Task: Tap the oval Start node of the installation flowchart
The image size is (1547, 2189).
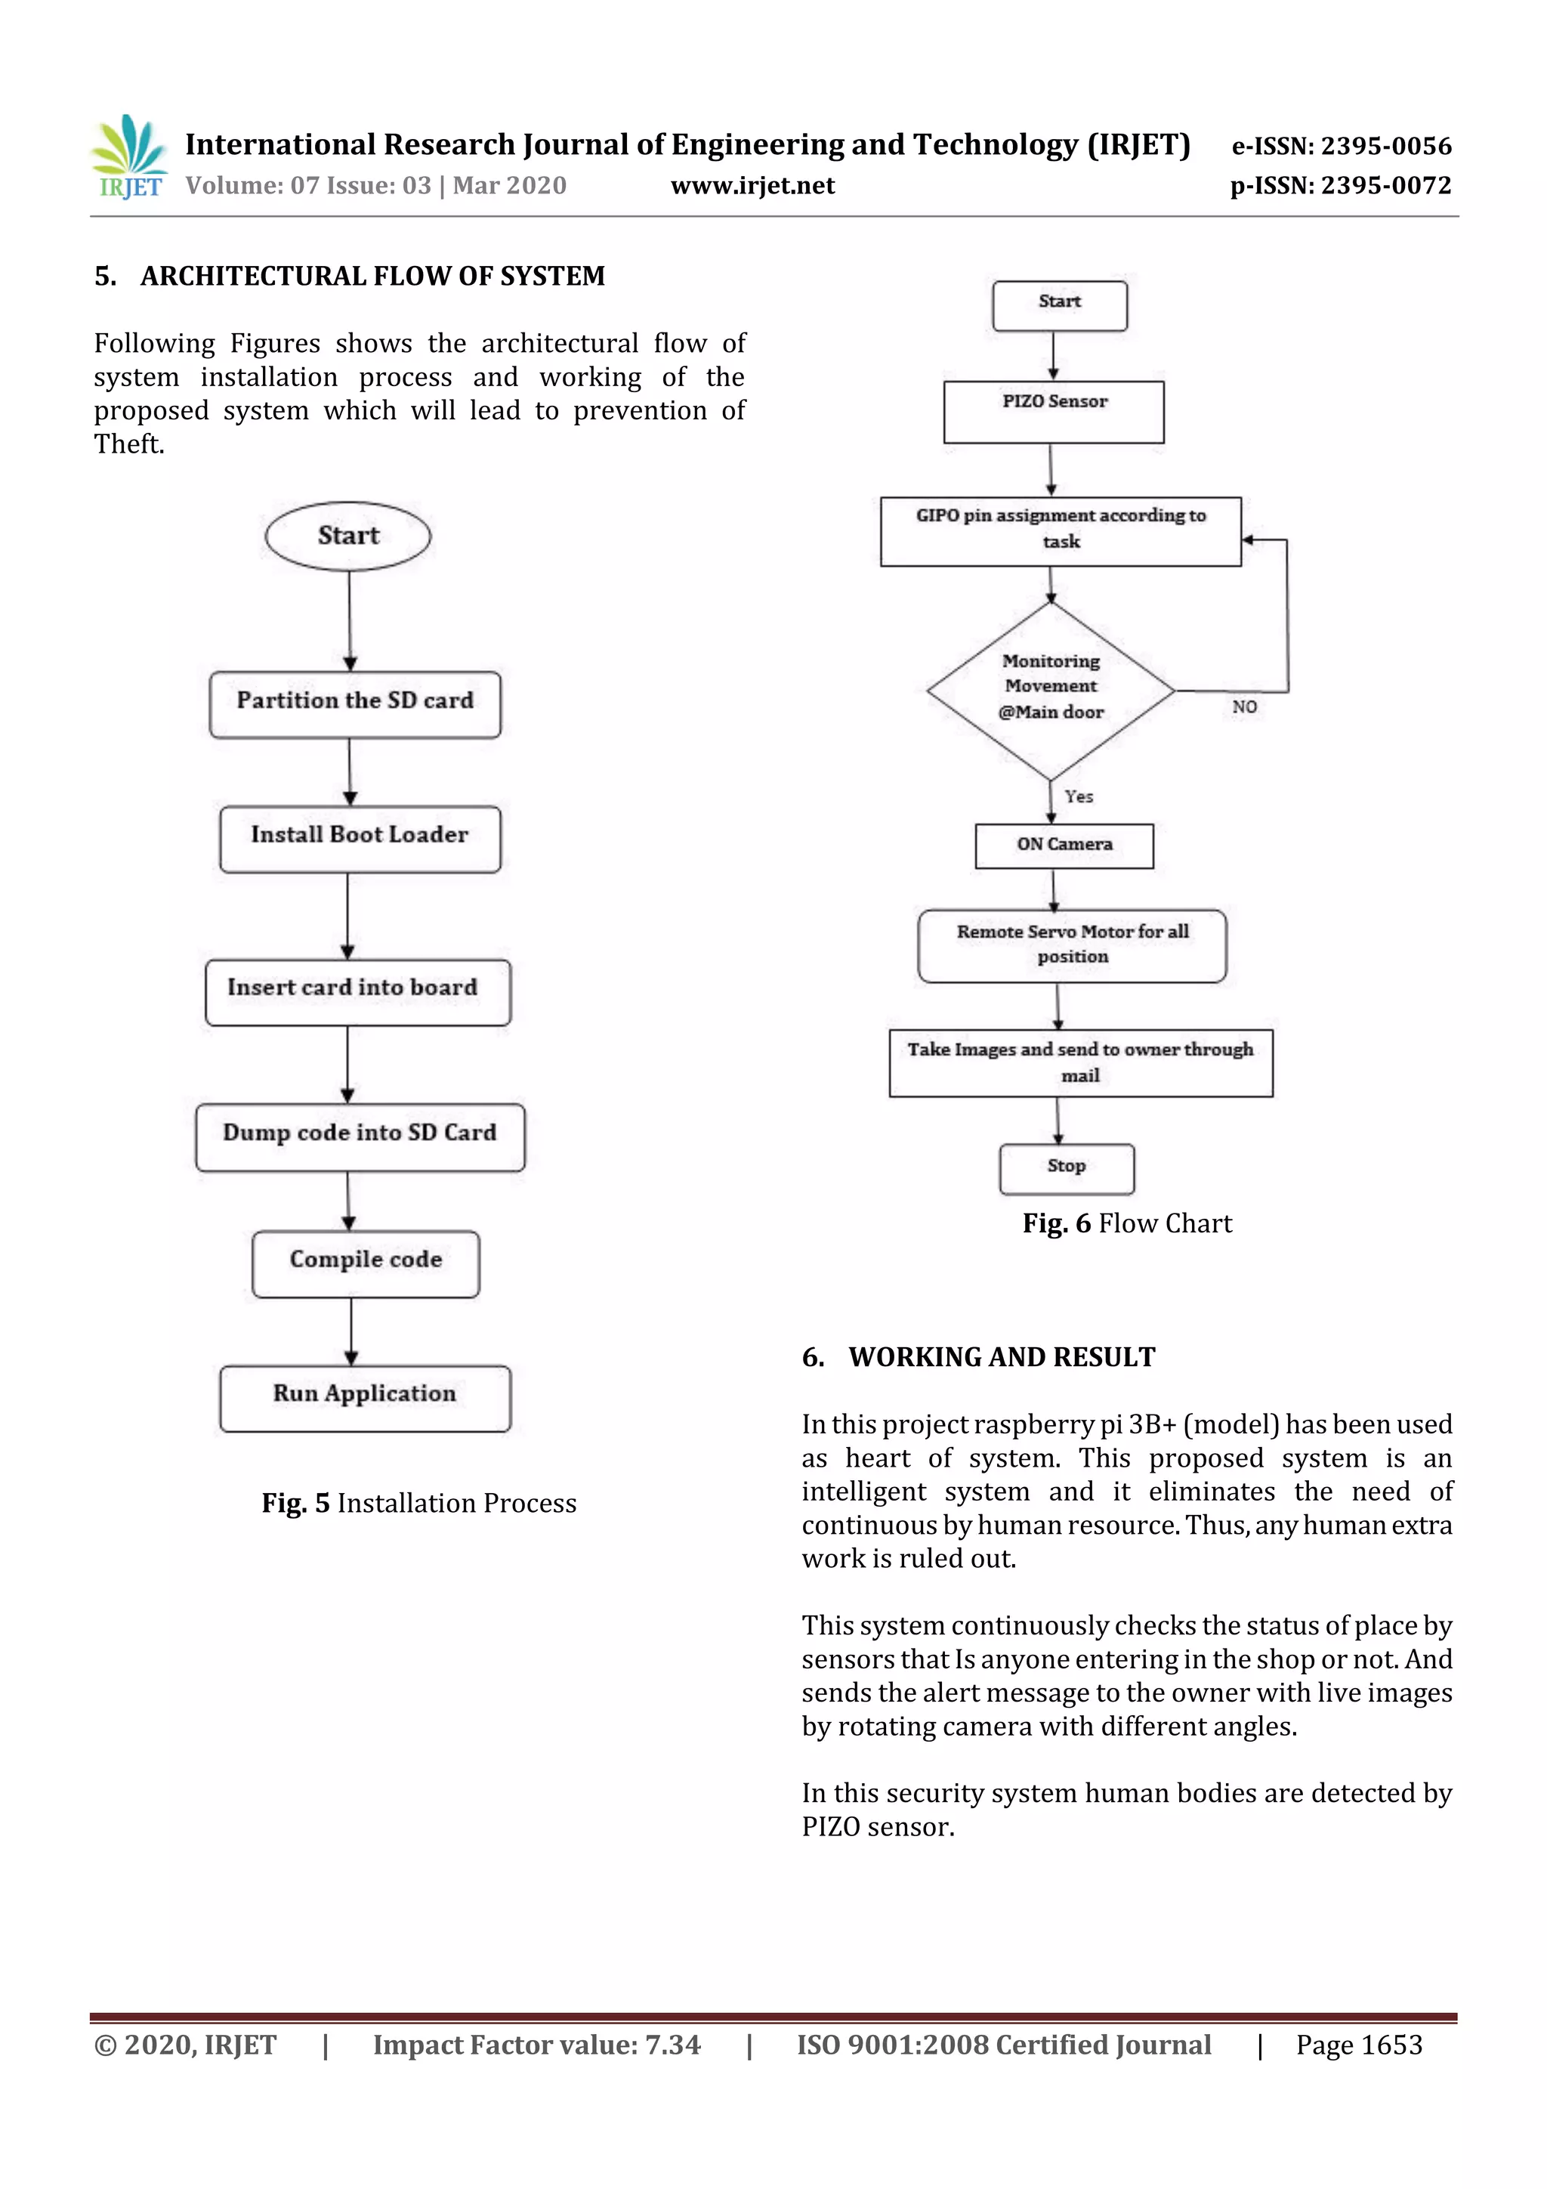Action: coord(348,536)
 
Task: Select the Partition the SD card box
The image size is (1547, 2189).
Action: coord(354,703)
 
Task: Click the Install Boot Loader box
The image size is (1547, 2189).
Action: coord(360,838)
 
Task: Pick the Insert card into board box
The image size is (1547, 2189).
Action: coord(357,991)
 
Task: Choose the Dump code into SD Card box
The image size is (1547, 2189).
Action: coord(360,1136)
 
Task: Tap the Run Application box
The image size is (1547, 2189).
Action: coord(364,1398)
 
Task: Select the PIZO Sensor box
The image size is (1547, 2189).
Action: coord(1053,412)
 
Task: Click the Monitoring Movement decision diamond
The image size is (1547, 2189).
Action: coord(1051,689)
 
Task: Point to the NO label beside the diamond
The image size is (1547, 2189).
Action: coord(1244,706)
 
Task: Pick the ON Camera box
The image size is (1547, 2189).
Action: coord(1064,846)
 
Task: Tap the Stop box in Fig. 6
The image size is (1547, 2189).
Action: coord(1066,1168)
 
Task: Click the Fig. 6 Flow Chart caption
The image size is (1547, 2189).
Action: coord(1127,1223)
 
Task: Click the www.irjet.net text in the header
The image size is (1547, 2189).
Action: coord(752,186)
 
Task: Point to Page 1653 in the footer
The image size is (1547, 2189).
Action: coord(1358,2044)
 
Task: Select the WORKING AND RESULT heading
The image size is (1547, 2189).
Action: coord(1001,1356)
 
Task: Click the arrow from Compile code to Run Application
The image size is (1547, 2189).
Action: coord(350,1331)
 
